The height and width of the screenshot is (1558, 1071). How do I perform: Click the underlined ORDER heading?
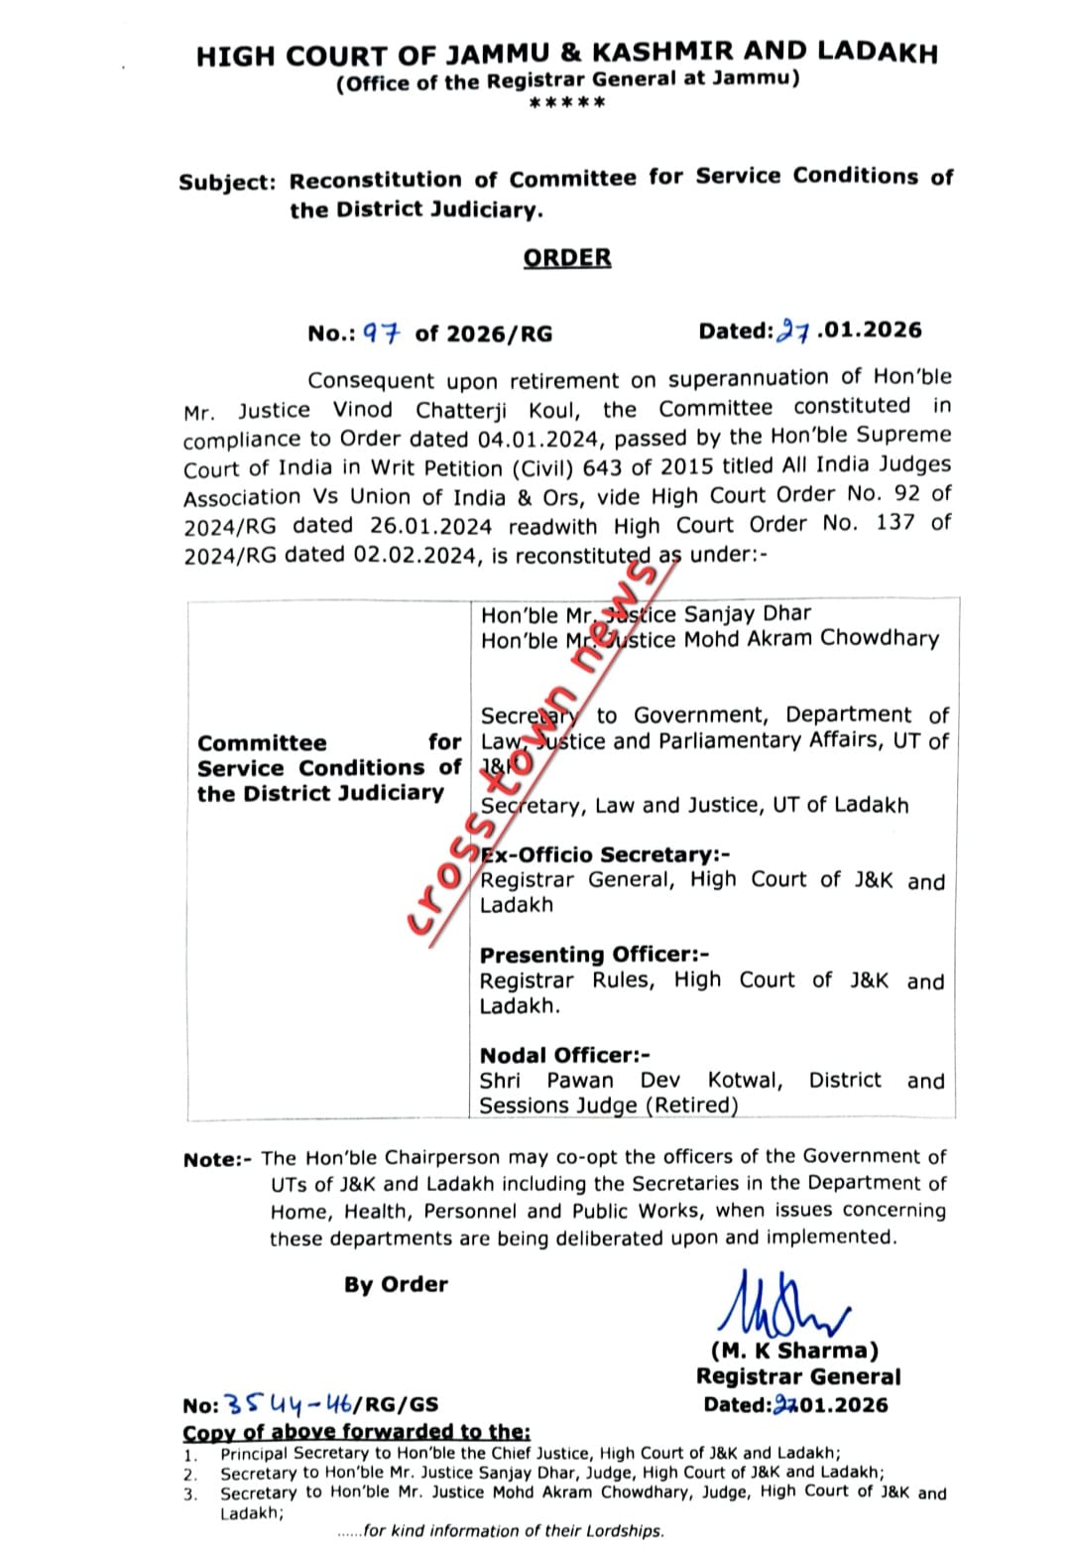pyautogui.click(x=567, y=258)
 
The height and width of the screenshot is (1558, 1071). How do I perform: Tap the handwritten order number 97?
pyautogui.click(x=380, y=333)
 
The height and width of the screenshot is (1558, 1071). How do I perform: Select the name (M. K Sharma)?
pyautogui.click(x=794, y=1351)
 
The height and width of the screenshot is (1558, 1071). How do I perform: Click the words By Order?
pyautogui.click(x=396, y=1284)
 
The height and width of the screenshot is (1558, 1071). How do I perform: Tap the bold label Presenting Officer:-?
pyautogui.click(x=594, y=955)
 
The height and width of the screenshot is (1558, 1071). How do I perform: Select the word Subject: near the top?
pyautogui.click(x=227, y=183)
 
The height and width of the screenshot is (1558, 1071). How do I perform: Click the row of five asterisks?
pyautogui.click(x=567, y=104)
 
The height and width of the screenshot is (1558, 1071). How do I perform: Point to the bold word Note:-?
pyautogui.click(x=218, y=1160)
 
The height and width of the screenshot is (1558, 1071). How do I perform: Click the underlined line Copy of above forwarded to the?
pyautogui.click(x=357, y=1431)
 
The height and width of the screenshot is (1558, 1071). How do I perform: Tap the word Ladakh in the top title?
pyautogui.click(x=881, y=53)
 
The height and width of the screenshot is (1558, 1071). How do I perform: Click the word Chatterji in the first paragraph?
pyautogui.click(x=450, y=410)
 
